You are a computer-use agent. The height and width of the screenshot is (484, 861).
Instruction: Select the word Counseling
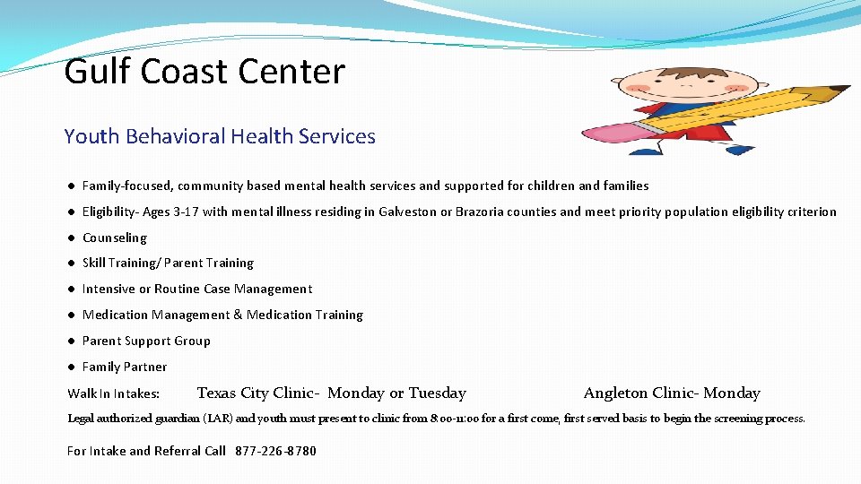[114, 238]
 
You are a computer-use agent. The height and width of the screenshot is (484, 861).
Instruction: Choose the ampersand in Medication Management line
[238, 315]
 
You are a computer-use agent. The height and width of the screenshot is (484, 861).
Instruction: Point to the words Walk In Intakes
[114, 393]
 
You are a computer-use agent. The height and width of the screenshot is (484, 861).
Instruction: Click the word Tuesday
[437, 393]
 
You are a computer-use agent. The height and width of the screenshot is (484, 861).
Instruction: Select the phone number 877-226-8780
[275, 451]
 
